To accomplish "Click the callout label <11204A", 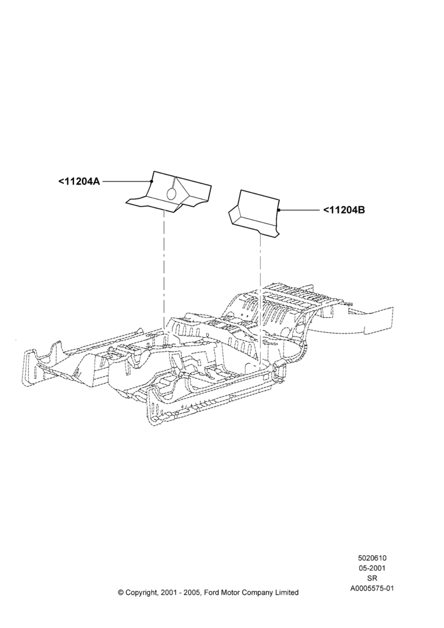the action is tap(79, 181).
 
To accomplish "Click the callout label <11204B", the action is tap(344, 210).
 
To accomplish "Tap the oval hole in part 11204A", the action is tap(171, 193).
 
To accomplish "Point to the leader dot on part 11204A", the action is tap(152, 181).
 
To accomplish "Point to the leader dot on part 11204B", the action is tap(278, 210).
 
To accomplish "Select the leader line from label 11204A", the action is tap(127, 181).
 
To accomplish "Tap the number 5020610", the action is tap(372, 558).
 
